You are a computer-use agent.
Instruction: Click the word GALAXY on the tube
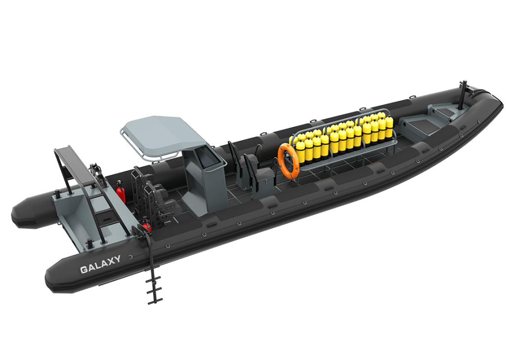(100, 265)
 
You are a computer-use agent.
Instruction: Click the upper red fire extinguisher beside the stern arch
(121, 191)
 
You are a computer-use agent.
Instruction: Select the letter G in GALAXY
(84, 270)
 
